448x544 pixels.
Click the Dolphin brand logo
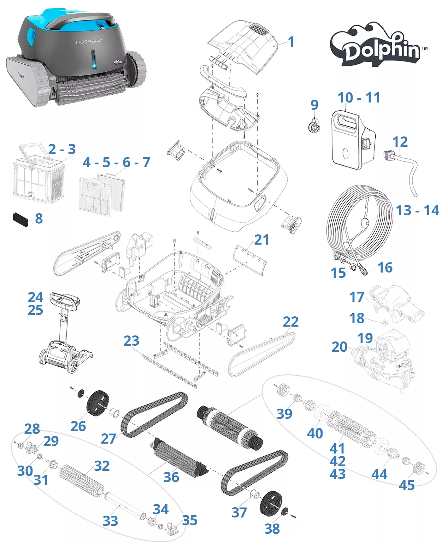378,45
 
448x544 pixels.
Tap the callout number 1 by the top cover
291,42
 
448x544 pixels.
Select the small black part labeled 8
20,220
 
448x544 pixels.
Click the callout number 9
314,105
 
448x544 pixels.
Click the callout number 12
400,142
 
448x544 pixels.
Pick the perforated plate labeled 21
250,259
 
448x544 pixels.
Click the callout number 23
131,341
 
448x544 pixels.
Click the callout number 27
108,439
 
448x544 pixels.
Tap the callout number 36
171,477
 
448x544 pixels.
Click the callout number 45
407,485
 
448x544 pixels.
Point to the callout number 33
110,521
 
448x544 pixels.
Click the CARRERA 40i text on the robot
90,42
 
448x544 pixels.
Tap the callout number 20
339,347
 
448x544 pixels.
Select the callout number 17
356,297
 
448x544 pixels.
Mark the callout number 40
315,433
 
